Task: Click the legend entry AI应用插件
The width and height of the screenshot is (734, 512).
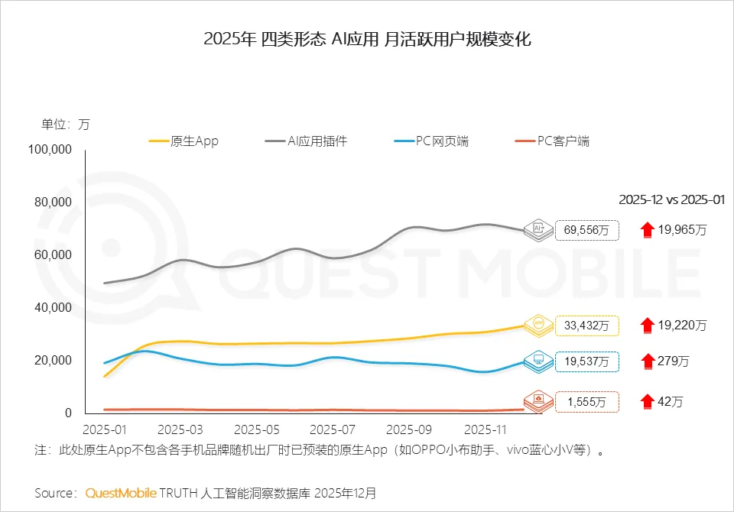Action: (306, 141)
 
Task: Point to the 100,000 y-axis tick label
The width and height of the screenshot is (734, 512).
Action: (50, 150)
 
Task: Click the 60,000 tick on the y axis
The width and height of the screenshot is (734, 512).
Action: (53, 255)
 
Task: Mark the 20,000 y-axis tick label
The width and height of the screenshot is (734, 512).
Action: (53, 361)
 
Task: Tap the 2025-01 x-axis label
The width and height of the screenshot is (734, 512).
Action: (107, 429)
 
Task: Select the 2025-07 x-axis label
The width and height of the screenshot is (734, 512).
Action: (334, 429)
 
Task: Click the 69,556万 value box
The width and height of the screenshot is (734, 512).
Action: (587, 229)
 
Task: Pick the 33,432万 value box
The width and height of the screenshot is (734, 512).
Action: (587, 326)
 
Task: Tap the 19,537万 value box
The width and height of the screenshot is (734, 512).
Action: (587, 361)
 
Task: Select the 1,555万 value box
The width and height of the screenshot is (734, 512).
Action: (587, 401)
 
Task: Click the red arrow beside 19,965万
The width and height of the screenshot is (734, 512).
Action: (648, 228)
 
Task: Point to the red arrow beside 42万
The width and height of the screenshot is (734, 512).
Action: (648, 400)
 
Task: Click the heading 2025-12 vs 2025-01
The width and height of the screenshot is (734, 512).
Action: (671, 199)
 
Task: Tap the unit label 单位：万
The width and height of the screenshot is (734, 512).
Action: (65, 125)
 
